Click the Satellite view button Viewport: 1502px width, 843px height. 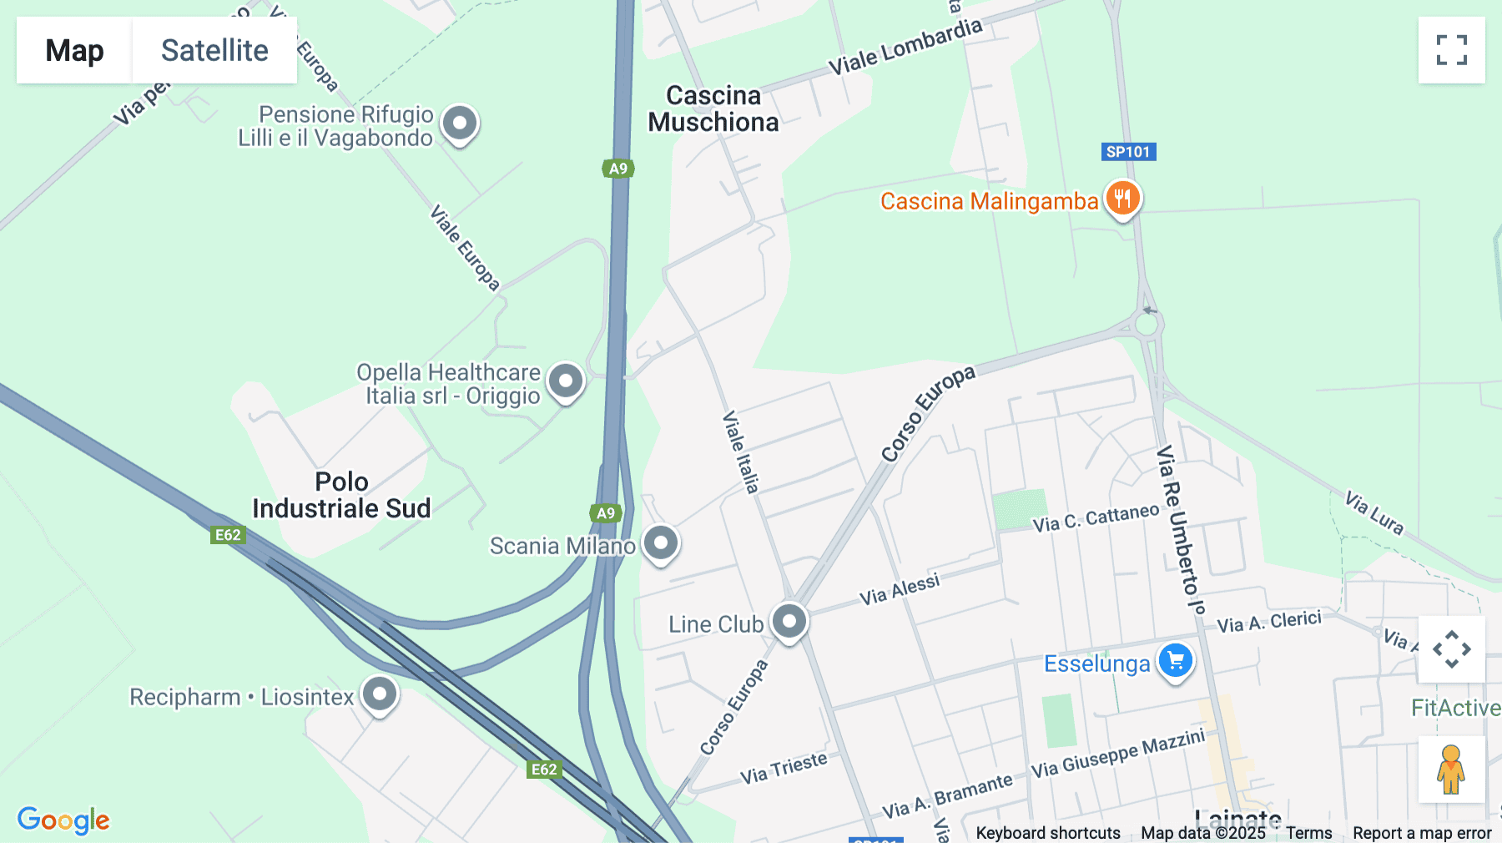(214, 50)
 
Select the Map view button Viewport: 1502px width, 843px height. (74, 50)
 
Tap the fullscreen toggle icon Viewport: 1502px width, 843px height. (1451, 50)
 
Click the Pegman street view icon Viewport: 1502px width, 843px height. (1451, 769)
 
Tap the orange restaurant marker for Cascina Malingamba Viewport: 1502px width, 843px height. (1122, 199)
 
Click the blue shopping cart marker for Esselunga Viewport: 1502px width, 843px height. (1176, 661)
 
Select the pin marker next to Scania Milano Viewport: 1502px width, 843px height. (661, 543)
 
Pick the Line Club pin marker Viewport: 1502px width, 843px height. (789, 621)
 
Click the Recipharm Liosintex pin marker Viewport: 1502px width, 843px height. (380, 694)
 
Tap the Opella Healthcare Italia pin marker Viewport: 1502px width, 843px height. (566, 381)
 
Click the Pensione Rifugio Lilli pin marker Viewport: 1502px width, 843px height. (459, 124)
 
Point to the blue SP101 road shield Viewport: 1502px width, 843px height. (1128, 152)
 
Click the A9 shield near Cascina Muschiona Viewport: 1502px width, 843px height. (618, 169)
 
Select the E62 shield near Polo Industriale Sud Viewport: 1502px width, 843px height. (228, 535)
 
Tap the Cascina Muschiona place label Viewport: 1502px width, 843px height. (713, 109)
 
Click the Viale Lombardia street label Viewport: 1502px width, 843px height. (905, 46)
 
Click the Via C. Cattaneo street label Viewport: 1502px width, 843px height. (1096, 517)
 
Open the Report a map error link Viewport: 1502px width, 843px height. (1422, 832)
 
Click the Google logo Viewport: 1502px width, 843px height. (63, 820)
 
